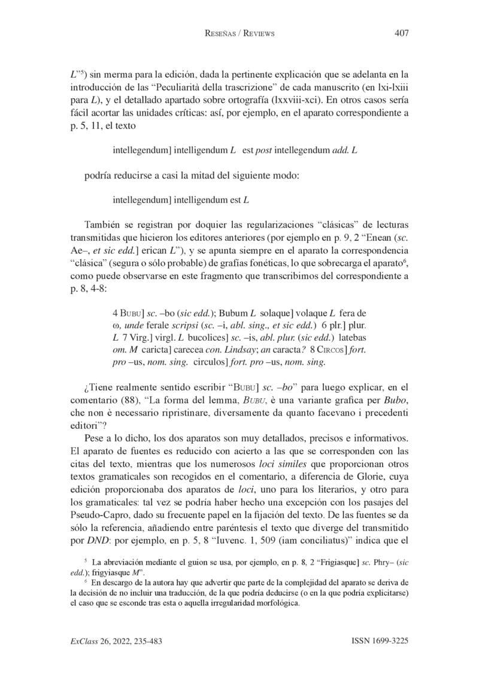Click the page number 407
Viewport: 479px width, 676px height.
coord(401,34)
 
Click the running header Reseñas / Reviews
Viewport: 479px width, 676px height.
coord(239,34)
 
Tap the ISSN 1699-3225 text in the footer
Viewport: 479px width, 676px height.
coord(380,641)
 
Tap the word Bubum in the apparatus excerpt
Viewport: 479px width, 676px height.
coord(234,313)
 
